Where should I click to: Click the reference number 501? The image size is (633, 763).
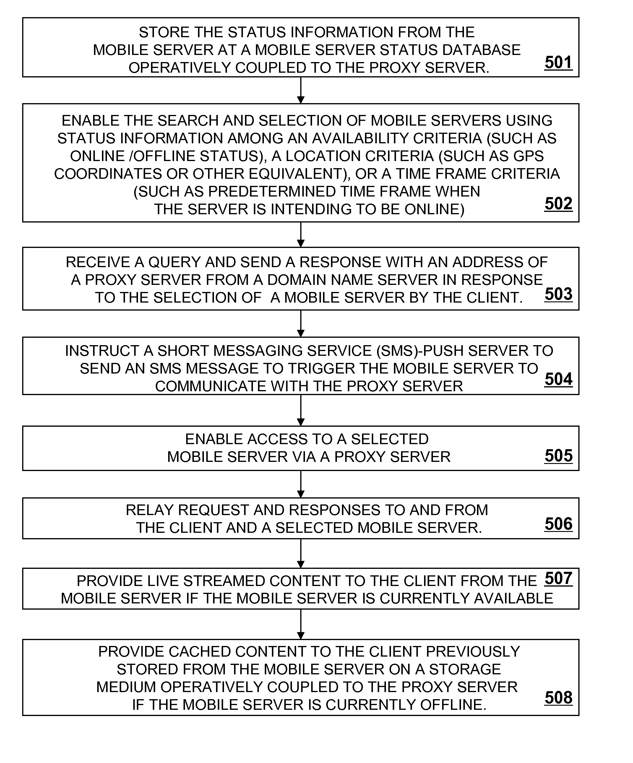coord(559,62)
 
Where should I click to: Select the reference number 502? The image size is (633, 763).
coord(559,204)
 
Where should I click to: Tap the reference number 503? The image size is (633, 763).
coord(559,294)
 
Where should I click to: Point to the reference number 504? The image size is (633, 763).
coord(559,379)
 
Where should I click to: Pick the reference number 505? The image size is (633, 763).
coord(559,456)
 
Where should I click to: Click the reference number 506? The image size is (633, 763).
coord(559,524)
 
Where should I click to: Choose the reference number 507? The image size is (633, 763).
coord(559,578)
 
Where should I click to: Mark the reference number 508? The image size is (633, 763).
coord(559,698)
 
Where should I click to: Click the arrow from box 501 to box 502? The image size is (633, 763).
coord(301,90)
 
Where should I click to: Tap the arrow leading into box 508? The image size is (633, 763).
coord(301,624)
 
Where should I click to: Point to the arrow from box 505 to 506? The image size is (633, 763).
coord(301,484)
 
